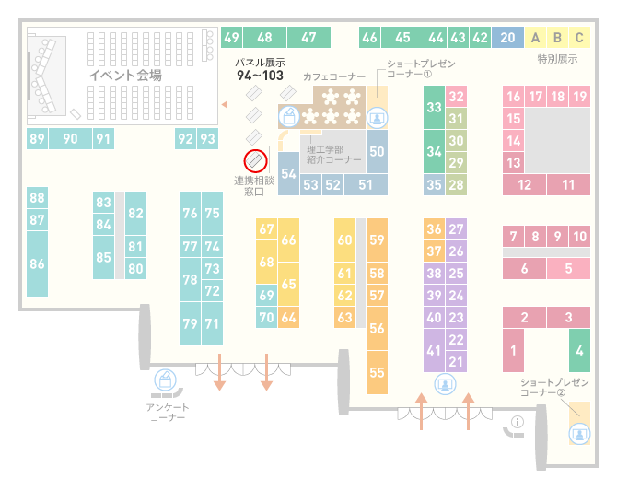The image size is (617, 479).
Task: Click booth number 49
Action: (232, 38)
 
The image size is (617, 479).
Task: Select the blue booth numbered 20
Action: (507, 38)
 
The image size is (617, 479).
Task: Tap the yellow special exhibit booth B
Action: (557, 38)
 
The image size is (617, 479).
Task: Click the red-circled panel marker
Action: (255, 161)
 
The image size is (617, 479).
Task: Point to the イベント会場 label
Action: (125, 75)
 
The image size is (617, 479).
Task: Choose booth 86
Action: (38, 263)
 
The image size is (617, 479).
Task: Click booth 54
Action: (288, 173)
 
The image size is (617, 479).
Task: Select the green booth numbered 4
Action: (579, 350)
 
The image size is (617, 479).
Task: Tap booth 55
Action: (377, 372)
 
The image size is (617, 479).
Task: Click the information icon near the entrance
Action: (517, 422)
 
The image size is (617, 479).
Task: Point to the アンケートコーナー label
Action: (168, 412)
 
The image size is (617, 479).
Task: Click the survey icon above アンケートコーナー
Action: (165, 380)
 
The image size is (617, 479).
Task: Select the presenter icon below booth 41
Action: (445, 384)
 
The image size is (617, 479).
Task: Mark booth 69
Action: (266, 295)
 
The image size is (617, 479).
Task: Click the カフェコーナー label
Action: (334, 76)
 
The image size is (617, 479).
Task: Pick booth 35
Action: (434, 184)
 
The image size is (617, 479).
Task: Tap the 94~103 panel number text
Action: (260, 76)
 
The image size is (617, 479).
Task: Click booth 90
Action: (70, 138)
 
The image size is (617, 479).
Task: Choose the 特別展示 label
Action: (557, 59)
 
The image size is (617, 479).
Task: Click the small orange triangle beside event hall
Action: (225, 104)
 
